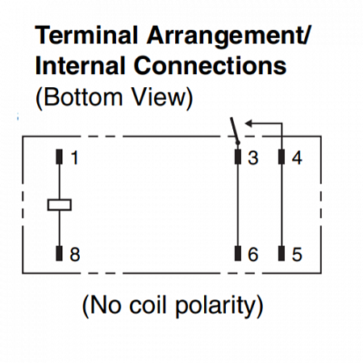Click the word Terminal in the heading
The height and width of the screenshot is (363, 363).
86,35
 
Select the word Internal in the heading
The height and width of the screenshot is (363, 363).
81,65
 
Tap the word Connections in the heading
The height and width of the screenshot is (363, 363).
210,65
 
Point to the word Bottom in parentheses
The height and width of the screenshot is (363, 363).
82,97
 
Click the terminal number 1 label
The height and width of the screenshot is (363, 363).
74,158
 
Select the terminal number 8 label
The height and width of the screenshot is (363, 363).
75,254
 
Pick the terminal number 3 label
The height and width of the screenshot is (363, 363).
253,158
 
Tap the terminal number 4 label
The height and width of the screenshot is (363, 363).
297,158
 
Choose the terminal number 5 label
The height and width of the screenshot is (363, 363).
297,254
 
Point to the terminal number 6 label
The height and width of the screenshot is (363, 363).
253,254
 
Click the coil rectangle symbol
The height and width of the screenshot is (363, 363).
60,205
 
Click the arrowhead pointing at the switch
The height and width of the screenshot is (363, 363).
248,123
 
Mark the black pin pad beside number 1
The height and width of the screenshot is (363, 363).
59,156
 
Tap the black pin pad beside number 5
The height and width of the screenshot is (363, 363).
282,253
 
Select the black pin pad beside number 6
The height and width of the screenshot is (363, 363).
238,253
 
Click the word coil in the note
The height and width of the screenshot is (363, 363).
148,305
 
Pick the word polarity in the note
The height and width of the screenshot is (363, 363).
215,307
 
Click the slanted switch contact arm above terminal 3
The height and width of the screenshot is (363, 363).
235,130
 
